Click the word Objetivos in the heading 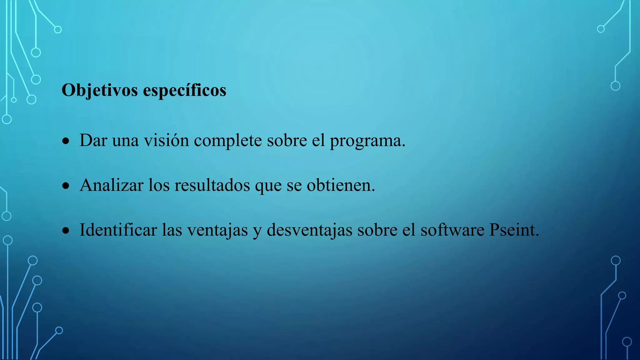(x=100, y=90)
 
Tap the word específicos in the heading (x=184, y=90)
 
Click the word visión (x=166, y=140)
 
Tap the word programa (x=367, y=140)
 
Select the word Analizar (x=111, y=185)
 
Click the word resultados (x=212, y=185)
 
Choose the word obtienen (x=340, y=185)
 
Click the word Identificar (x=118, y=230)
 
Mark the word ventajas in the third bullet (x=217, y=230)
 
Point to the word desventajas (x=309, y=230)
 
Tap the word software (x=452, y=230)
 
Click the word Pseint (x=514, y=230)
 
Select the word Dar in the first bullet (x=93, y=140)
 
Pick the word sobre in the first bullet (x=287, y=140)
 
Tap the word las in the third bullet (x=172, y=230)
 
